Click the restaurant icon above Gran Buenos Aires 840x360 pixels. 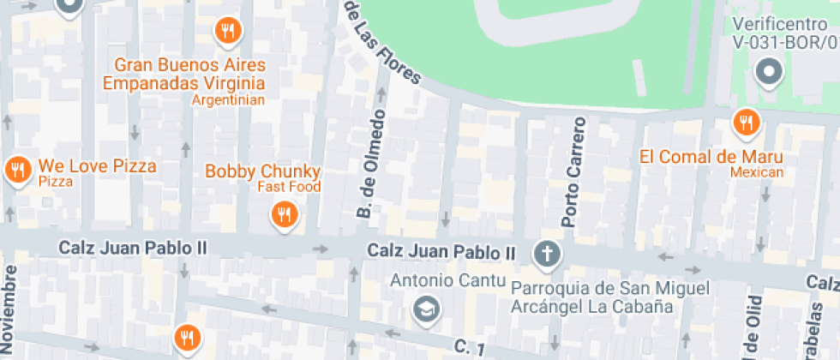(x=227, y=32)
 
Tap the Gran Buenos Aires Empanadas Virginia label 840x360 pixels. (x=183, y=75)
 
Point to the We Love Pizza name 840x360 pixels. (x=97, y=165)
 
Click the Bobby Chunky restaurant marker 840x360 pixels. (x=284, y=213)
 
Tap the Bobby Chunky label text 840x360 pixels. (x=262, y=171)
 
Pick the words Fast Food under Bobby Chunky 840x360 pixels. (x=289, y=187)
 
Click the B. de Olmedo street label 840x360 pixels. (x=370, y=164)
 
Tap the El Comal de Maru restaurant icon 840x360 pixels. (x=747, y=123)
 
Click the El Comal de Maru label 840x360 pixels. (x=711, y=157)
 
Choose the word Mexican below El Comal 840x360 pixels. (x=757, y=172)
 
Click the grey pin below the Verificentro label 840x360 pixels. (x=769, y=72)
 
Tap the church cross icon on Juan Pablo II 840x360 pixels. (x=545, y=253)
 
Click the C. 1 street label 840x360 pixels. (x=471, y=346)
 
